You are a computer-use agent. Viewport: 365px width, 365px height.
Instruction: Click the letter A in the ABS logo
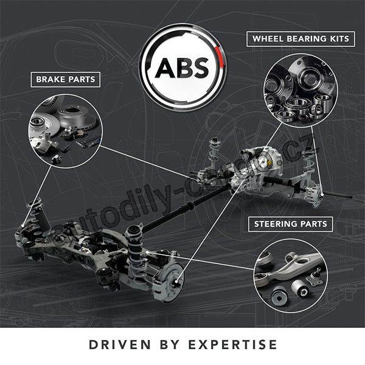coord(165,68)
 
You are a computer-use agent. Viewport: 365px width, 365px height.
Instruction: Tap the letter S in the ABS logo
coord(198,68)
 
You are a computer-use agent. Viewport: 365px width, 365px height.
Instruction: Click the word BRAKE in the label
coord(50,79)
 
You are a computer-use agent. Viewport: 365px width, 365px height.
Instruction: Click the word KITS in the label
coord(339,39)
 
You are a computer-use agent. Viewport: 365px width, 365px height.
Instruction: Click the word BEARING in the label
coord(306,39)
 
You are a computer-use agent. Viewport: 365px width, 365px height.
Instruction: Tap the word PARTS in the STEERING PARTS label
coord(314,224)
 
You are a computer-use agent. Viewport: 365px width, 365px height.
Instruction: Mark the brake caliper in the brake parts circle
coord(44,144)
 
